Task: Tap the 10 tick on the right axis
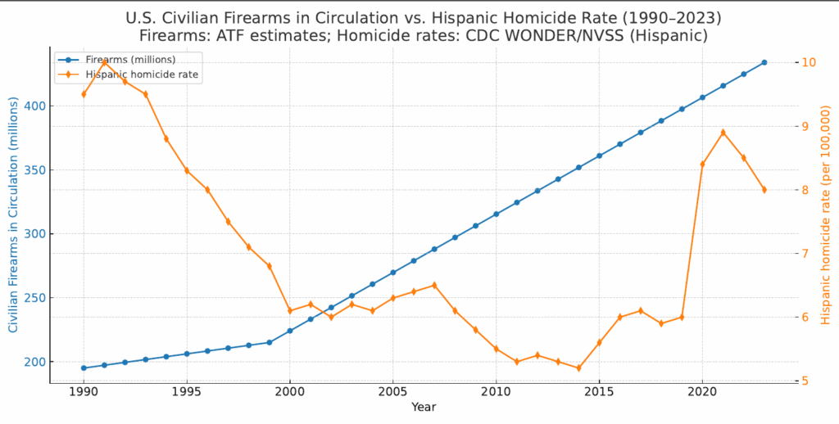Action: (808, 62)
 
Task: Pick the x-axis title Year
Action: (424, 407)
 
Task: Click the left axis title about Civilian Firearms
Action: (13, 217)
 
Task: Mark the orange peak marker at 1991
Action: (104, 62)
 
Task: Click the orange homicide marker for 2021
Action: (723, 133)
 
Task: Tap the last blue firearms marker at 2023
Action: (764, 62)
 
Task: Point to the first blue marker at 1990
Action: (84, 368)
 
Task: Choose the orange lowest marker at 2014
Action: (578, 368)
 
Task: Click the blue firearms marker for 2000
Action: (290, 331)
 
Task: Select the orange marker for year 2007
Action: (434, 285)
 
